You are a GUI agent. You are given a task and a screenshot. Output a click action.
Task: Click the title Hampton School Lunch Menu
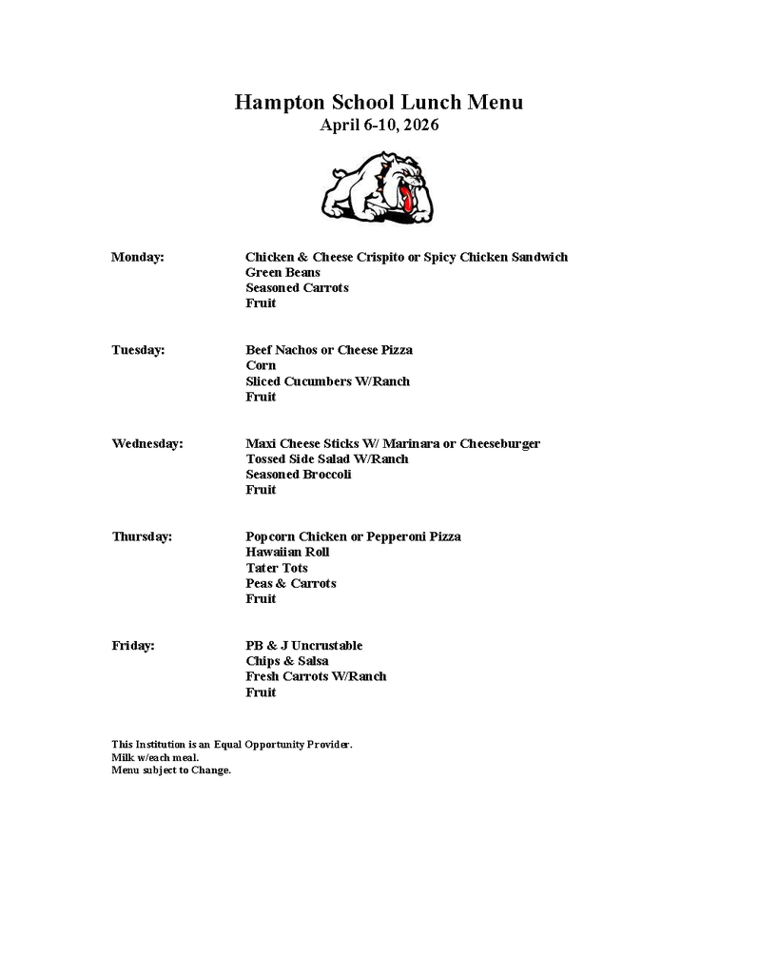point(379,103)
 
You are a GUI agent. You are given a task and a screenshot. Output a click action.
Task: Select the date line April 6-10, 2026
point(379,126)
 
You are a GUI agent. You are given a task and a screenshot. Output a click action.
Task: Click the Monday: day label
point(138,257)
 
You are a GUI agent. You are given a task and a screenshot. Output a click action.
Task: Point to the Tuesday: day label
point(138,350)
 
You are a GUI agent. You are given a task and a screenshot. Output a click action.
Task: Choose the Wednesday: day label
point(147,443)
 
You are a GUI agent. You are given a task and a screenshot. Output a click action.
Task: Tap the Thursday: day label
point(142,536)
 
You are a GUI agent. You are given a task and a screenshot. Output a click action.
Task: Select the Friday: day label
point(133,646)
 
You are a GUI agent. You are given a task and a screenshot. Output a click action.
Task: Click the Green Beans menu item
point(282,272)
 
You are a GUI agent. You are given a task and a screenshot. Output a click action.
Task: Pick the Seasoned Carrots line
point(297,288)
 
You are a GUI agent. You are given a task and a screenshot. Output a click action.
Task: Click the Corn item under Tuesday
point(261,365)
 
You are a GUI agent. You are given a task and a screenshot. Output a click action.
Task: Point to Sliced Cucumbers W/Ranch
point(327,381)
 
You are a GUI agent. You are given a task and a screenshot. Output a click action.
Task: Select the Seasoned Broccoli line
point(298,475)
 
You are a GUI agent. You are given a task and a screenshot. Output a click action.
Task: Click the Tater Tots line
point(276,568)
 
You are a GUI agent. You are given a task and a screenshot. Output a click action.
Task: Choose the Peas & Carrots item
point(290,583)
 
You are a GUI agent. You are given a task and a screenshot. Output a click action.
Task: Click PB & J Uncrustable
point(303,646)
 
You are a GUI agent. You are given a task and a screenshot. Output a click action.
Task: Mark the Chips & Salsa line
point(286,661)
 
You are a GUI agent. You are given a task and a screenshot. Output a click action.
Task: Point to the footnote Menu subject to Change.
point(171,770)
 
